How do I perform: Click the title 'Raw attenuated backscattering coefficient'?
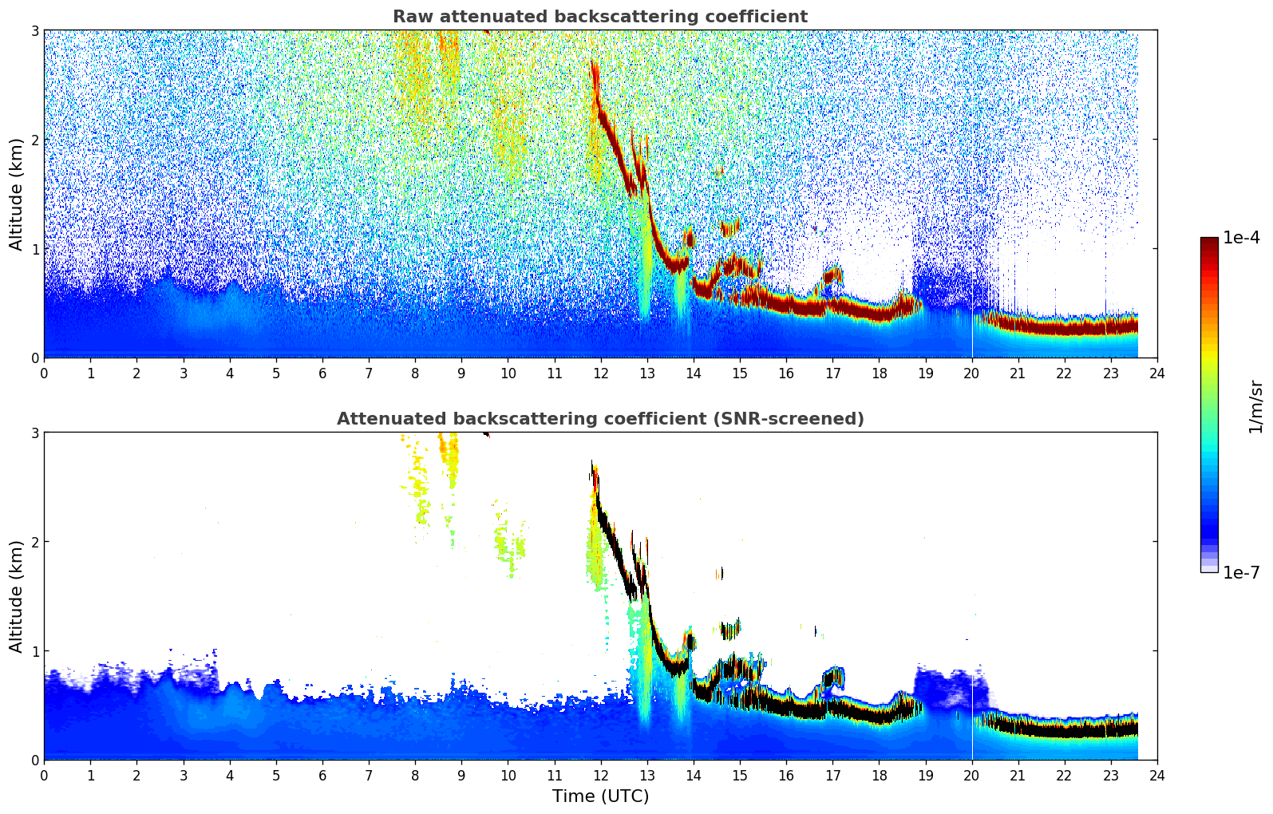(x=599, y=17)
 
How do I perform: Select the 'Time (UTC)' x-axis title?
(x=600, y=796)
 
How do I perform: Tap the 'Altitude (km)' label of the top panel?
(x=17, y=194)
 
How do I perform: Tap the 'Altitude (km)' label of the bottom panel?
(x=17, y=596)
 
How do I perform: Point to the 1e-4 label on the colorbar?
(x=1241, y=238)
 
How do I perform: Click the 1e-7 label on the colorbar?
(x=1241, y=572)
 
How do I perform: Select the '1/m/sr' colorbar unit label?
(x=1255, y=406)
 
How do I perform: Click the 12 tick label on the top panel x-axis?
(x=600, y=373)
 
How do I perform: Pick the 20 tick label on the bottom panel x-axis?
(x=971, y=775)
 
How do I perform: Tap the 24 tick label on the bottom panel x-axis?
(x=1157, y=775)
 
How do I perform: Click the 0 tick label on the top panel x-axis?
(x=44, y=373)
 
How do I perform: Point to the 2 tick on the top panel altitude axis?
(x=34, y=140)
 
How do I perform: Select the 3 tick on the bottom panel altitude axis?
(x=34, y=433)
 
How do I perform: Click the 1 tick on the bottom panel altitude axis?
(x=34, y=651)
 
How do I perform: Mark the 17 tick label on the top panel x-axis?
(x=832, y=373)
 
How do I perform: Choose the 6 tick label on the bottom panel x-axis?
(x=322, y=775)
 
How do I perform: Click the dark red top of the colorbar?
(x=1209, y=241)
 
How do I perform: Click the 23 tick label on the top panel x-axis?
(x=1111, y=373)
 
